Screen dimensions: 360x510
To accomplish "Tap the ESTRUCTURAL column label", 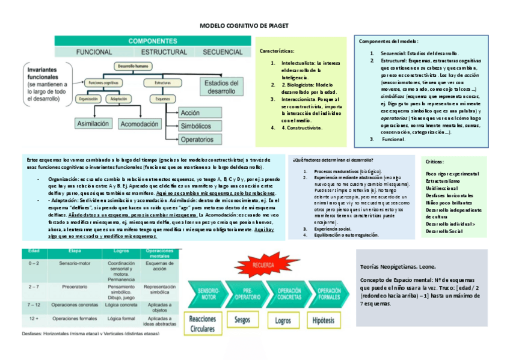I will (x=164, y=52).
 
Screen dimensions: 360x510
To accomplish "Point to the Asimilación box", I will (x=93, y=123).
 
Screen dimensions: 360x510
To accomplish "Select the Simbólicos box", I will (x=195, y=126).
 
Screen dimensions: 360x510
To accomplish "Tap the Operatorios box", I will (x=197, y=139).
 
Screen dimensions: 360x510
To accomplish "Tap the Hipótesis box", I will (x=324, y=321).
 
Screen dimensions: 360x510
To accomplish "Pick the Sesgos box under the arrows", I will (x=243, y=320).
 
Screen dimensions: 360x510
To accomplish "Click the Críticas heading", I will (x=434, y=162).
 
